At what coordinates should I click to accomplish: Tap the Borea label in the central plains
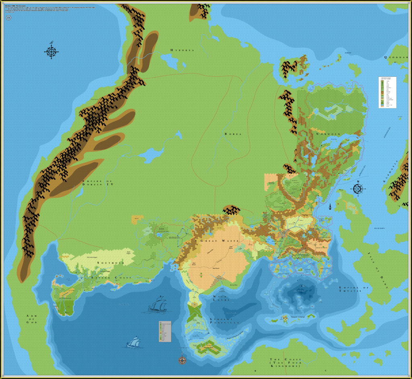pos(233,134)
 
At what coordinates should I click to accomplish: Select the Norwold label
pos(328,134)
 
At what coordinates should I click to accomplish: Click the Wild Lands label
pos(220,298)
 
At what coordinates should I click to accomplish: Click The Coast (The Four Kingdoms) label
pos(284,363)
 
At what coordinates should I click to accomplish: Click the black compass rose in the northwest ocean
pos(51,51)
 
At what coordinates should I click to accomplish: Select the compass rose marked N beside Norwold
pos(358,188)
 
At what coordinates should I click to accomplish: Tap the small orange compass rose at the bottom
pos(182,360)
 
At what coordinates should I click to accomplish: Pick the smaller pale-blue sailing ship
pos(133,342)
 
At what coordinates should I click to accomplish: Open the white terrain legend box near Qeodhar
pos(387,92)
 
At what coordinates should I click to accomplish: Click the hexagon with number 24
pos(9,17)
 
